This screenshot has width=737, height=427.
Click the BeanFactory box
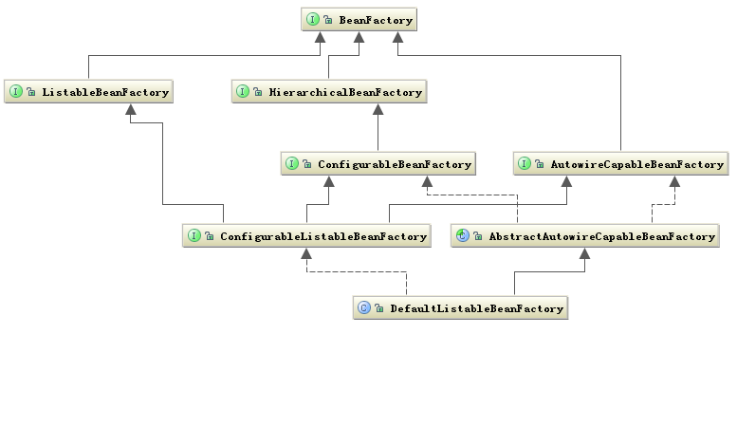359,19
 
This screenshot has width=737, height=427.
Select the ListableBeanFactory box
88,91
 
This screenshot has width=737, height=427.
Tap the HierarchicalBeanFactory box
329,91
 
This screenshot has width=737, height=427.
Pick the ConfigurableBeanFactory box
378,163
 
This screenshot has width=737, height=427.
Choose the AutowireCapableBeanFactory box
620,163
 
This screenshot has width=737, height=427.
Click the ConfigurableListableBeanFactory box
306,235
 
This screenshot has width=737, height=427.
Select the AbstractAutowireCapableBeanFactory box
584,235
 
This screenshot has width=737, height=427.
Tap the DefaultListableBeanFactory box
460,308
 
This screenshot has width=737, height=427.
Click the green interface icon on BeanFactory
313,19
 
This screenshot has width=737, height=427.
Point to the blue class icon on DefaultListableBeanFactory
364,308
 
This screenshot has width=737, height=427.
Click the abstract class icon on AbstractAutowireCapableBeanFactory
463,235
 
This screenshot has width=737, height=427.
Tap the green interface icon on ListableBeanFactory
15,91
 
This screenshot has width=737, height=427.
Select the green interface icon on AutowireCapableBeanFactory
525,163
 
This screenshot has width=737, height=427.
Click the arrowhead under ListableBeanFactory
131,109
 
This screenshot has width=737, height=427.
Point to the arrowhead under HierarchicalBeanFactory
378,109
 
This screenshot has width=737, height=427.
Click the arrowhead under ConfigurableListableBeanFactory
306,254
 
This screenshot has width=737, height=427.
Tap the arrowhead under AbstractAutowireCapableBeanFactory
584,254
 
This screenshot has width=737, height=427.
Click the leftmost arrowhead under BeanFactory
320,38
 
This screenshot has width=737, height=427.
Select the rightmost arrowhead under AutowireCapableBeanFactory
675,182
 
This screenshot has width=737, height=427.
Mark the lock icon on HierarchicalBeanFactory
258,92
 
